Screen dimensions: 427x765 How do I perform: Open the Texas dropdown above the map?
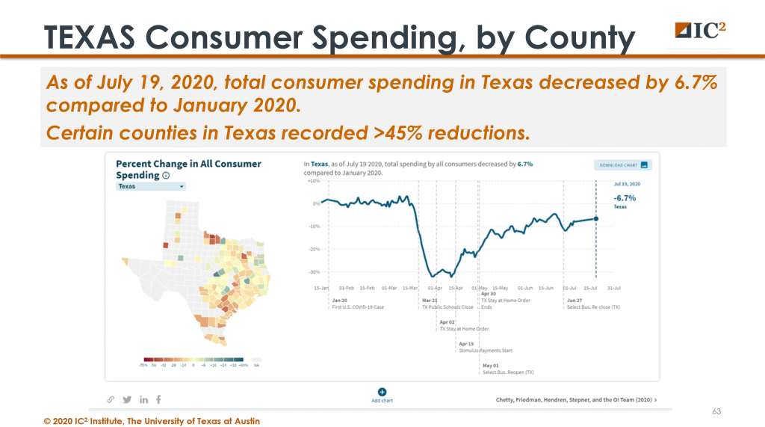click(151, 186)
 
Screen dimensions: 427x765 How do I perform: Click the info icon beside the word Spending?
click(166, 176)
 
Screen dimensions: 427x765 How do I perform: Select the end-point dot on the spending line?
click(596, 218)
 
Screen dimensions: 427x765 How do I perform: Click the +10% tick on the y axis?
click(313, 181)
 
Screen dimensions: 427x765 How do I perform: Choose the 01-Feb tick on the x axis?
click(346, 287)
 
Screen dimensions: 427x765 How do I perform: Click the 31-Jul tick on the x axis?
click(614, 287)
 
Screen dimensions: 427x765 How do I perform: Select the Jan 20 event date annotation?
click(338, 301)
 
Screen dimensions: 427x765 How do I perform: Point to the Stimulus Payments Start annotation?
click(485, 350)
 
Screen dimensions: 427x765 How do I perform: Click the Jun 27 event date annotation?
click(572, 301)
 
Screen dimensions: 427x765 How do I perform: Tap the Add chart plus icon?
click(382, 391)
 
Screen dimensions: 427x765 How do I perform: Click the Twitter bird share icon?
click(126, 399)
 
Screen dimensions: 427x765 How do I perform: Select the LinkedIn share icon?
click(143, 399)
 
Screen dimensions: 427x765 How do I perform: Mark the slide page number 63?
click(716, 411)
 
